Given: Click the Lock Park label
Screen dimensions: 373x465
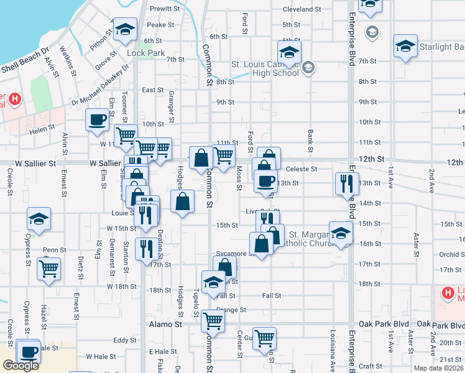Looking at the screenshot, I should coord(145,53).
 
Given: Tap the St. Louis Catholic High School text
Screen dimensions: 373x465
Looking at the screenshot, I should coord(265,68).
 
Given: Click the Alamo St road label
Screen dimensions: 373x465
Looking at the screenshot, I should coord(165,325).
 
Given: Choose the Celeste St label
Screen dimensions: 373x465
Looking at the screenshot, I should coord(302,168).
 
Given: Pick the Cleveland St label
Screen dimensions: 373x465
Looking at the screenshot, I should coord(302,9).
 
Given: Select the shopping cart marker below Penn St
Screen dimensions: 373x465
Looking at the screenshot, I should coord(48,269).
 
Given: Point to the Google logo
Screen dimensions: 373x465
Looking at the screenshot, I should coord(21,365).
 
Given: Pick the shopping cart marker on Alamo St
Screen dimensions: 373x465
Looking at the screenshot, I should coord(213,321).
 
